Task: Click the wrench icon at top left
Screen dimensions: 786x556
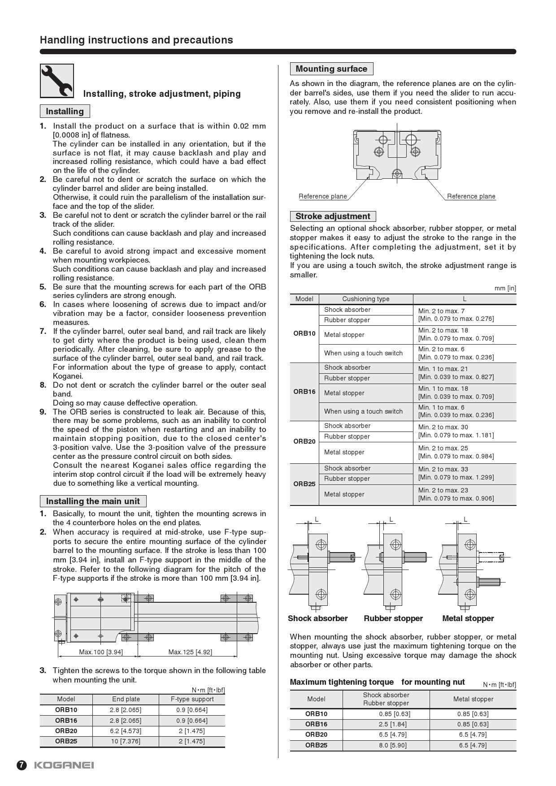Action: point(57,81)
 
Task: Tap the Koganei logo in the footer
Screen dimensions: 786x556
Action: point(64,765)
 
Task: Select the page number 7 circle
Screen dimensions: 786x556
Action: point(22,765)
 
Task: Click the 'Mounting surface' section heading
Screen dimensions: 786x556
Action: point(331,69)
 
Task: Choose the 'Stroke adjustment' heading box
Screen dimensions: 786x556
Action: point(333,216)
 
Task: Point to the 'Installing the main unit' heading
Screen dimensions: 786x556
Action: point(93,501)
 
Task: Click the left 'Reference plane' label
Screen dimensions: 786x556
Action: point(323,196)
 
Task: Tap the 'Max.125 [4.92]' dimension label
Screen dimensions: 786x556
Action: point(190,652)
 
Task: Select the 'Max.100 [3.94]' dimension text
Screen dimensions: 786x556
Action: point(101,652)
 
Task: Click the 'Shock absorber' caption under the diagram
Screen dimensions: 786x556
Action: point(317,618)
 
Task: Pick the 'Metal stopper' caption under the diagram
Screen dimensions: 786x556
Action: point(468,618)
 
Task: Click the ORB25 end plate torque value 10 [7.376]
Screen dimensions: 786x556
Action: point(126,741)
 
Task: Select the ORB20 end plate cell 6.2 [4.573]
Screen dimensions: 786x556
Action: point(126,731)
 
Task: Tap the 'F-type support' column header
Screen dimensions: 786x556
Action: point(192,699)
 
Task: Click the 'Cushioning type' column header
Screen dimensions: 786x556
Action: point(366,299)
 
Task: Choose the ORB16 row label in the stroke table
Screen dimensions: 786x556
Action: point(304,392)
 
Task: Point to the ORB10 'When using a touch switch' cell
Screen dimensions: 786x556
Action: point(363,353)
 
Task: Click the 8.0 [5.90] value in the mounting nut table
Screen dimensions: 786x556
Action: point(395,745)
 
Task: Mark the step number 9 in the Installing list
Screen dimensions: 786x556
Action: point(43,412)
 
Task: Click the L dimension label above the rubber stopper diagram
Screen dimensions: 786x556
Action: point(391,519)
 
